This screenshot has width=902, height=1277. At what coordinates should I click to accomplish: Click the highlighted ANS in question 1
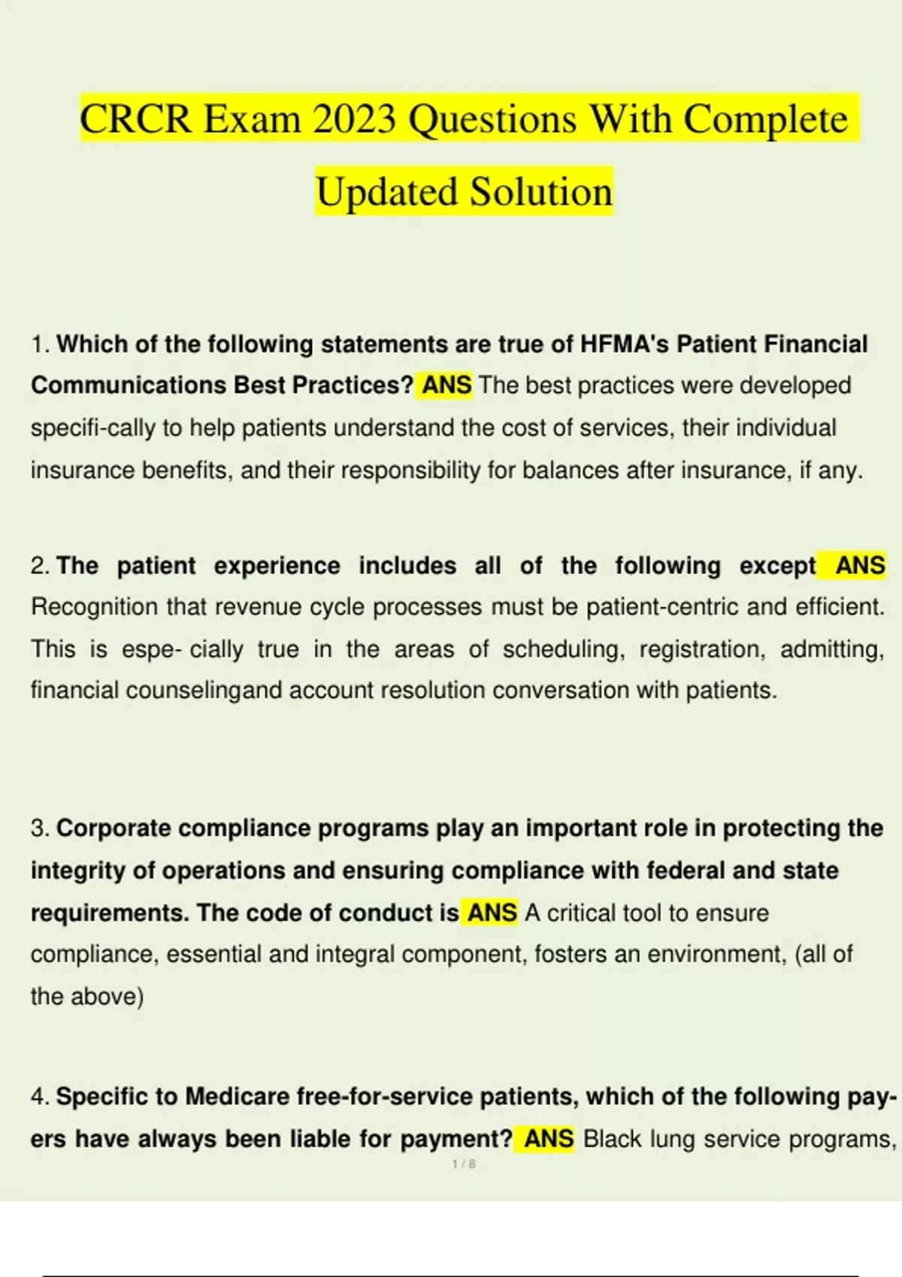click(446, 385)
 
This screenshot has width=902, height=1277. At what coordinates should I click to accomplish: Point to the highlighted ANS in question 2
click(860, 565)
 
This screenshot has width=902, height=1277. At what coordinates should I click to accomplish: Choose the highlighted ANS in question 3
click(492, 913)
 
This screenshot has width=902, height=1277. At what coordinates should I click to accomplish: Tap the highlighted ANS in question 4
click(549, 1139)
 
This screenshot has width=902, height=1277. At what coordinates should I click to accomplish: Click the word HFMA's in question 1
click(624, 344)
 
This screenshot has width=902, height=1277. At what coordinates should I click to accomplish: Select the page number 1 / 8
click(464, 1164)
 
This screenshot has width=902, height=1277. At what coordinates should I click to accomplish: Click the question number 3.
click(40, 829)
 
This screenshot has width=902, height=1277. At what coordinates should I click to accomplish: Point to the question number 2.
click(40, 566)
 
